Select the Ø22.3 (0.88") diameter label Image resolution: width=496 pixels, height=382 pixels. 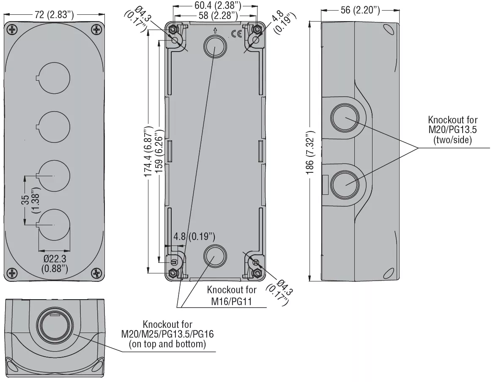pyautogui.click(x=54, y=263)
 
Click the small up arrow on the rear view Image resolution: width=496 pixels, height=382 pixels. pyautogui.click(x=215, y=30)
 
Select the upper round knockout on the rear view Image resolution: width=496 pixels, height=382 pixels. pyautogui.click(x=215, y=46)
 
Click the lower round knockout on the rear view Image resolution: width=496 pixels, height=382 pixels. pyautogui.click(x=215, y=256)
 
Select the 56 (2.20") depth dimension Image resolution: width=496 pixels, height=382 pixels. pyautogui.click(x=360, y=10)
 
